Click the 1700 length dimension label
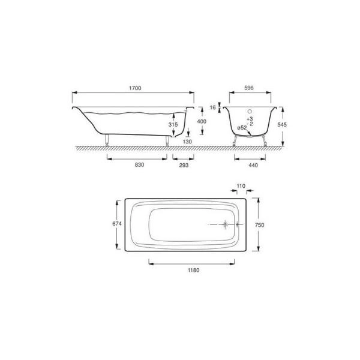135,88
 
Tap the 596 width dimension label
249,88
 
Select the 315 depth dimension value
173,124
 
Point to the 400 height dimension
202,121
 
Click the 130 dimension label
187,142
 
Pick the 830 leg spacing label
139,165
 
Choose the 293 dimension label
184,165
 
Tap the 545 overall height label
282,124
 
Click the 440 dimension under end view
253,165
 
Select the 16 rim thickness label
213,107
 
